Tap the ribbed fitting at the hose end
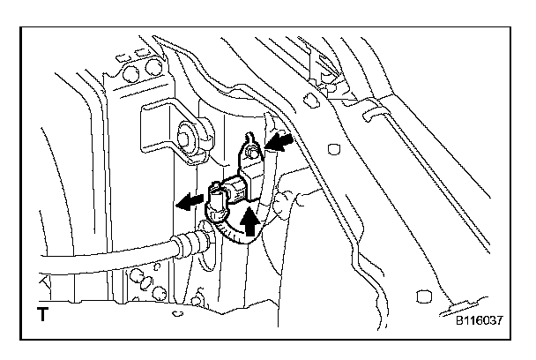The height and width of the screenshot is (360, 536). click(187, 240)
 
